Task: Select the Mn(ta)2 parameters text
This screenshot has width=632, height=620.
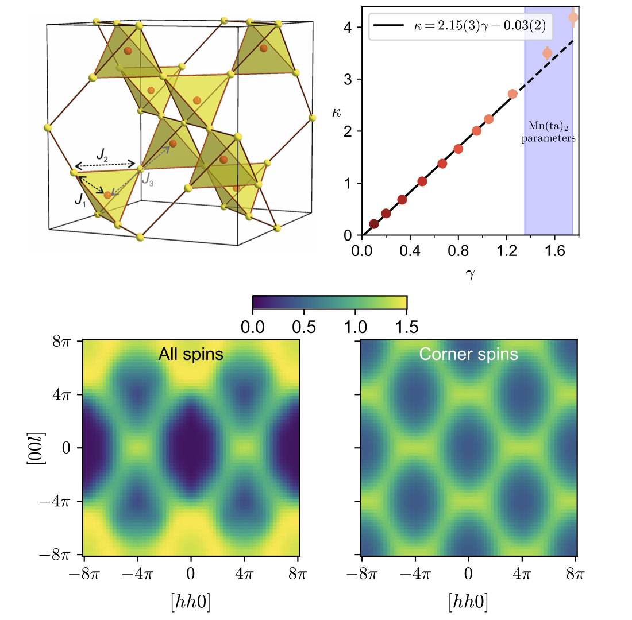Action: coord(548,133)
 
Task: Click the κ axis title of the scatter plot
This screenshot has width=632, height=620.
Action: coord(337,113)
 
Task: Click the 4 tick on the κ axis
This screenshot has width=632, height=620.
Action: coord(348,27)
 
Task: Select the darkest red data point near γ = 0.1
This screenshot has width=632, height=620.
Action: coord(374,224)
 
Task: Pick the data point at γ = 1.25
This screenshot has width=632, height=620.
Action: coord(512,94)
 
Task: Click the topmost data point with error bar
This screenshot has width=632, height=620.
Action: coord(573,18)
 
